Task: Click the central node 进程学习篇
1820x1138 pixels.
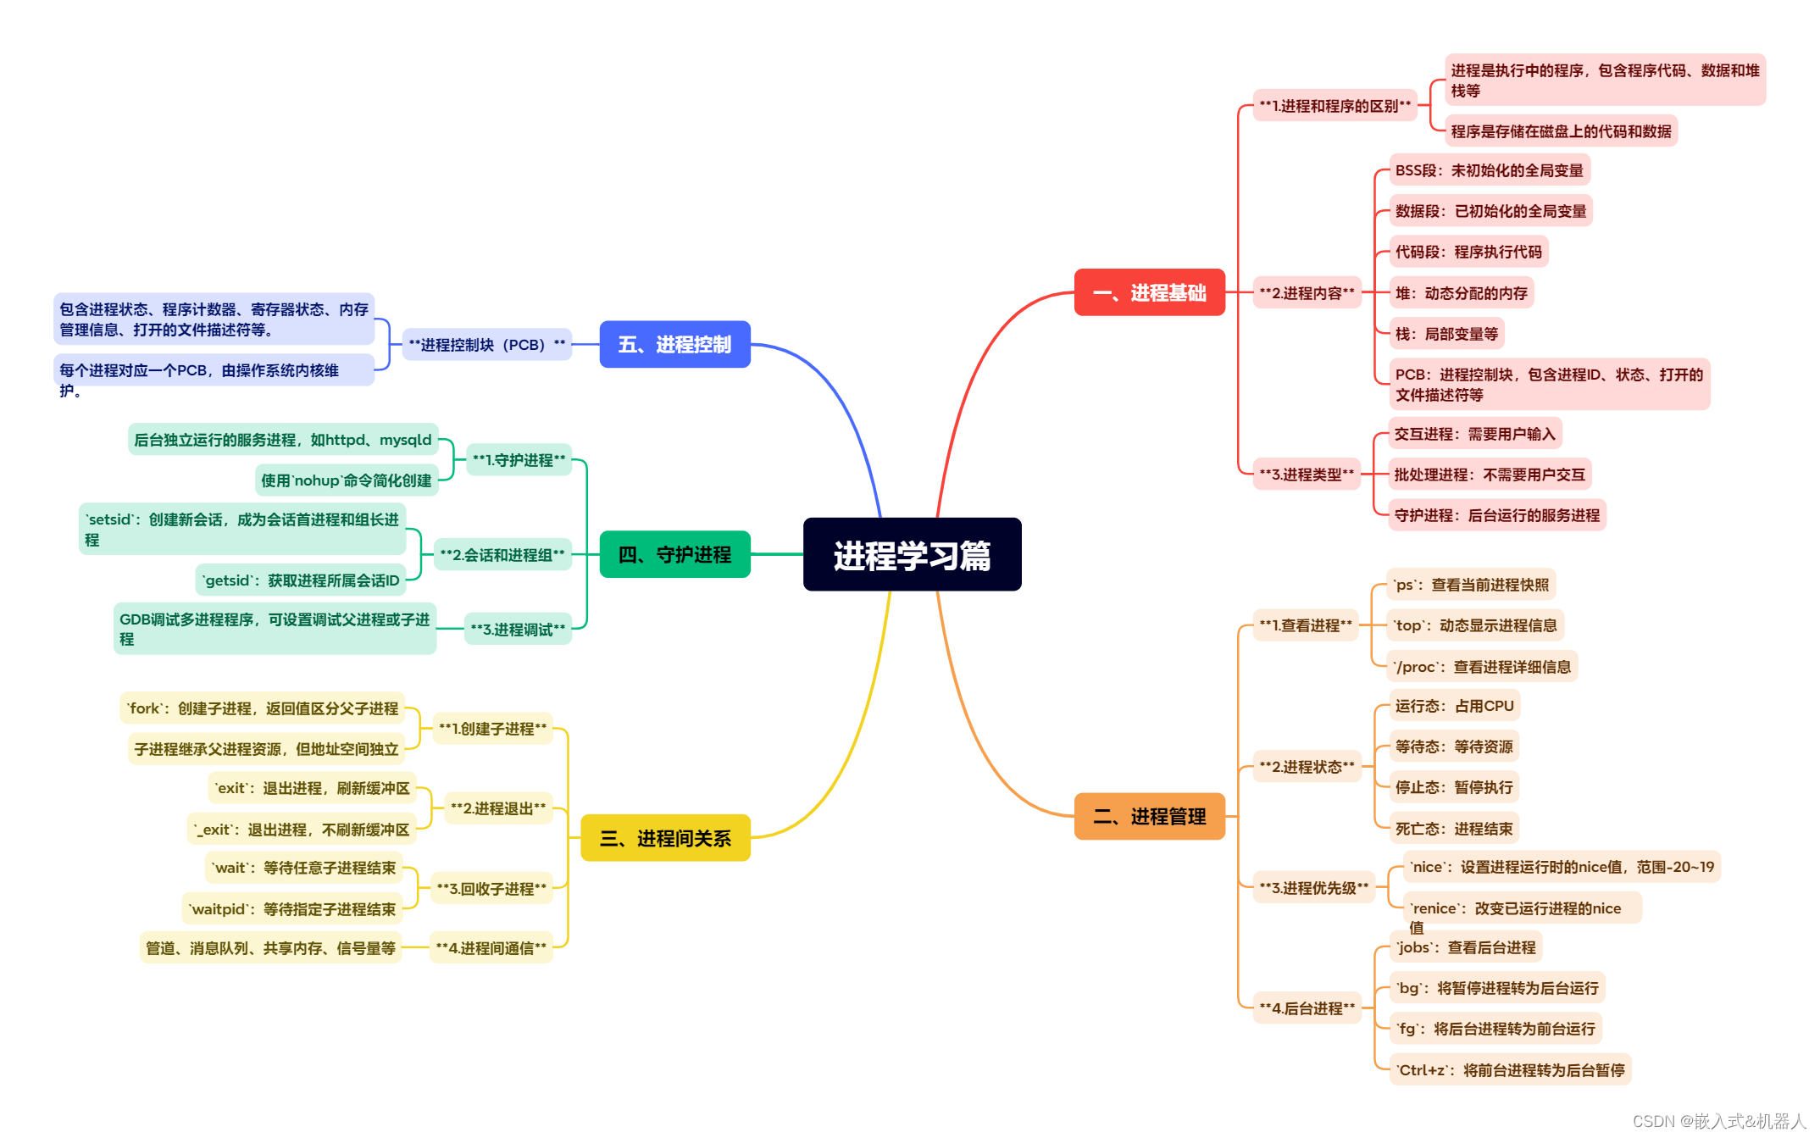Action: (x=912, y=555)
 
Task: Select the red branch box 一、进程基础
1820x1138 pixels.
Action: (x=1149, y=292)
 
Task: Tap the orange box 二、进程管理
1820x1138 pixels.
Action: (x=1149, y=816)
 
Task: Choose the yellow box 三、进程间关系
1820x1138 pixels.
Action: (x=665, y=838)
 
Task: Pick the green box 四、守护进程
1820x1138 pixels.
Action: (x=674, y=554)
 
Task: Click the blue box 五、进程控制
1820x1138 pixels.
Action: (x=674, y=344)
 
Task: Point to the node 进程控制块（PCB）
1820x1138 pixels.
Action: (x=486, y=345)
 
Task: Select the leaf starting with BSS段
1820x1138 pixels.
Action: (x=1489, y=170)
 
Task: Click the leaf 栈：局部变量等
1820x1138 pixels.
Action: (x=1446, y=334)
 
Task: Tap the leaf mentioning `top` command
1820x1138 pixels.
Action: (x=1475, y=625)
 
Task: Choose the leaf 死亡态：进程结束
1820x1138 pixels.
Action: (x=1454, y=828)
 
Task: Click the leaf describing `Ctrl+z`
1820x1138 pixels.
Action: (x=1510, y=1069)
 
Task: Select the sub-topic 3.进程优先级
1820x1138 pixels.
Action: (x=1313, y=887)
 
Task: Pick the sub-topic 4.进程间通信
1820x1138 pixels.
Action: (x=491, y=947)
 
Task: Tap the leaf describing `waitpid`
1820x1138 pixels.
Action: (x=292, y=909)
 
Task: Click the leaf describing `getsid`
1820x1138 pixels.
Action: (x=301, y=580)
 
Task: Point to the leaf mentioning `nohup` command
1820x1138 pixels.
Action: (x=346, y=480)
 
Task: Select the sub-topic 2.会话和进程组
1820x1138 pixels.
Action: (x=502, y=555)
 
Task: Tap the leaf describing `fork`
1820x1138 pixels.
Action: (x=262, y=708)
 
